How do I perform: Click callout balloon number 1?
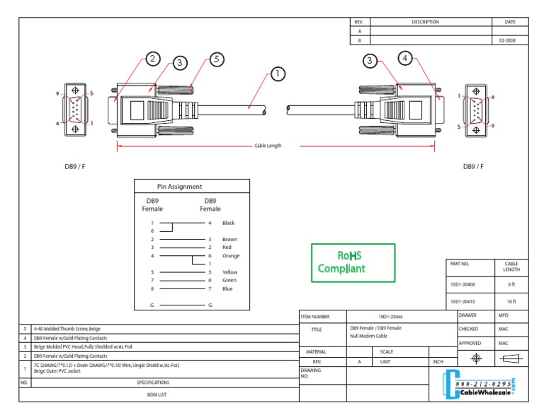(x=277, y=73)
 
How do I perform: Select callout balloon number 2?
(x=153, y=59)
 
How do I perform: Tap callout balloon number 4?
(x=404, y=59)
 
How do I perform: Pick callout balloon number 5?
(x=217, y=59)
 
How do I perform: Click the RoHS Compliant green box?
(x=353, y=262)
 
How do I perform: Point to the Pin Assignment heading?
(x=179, y=187)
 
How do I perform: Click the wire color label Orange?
(x=231, y=256)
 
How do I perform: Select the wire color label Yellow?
(x=230, y=272)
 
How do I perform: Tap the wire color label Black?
(x=228, y=223)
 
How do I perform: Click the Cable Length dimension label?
(x=268, y=146)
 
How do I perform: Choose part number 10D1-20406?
(x=463, y=284)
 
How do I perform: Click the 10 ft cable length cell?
(x=511, y=301)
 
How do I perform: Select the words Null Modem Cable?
(x=368, y=337)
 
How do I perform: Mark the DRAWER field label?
(x=468, y=315)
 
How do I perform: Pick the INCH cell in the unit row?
(x=438, y=361)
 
